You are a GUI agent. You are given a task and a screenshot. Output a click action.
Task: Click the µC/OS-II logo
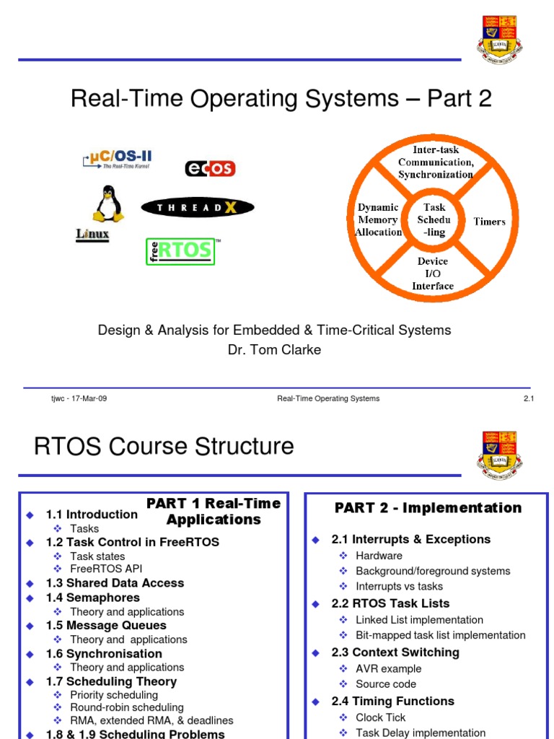coord(117,159)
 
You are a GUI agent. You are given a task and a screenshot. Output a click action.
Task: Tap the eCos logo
coord(210,168)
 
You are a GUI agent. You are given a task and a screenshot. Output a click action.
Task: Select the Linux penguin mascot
coord(107,204)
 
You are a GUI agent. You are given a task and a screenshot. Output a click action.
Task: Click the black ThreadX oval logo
coord(197,208)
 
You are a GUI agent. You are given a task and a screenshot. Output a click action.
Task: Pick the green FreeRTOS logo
coord(181,251)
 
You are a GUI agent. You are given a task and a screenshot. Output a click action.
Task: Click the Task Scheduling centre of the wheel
coord(434,220)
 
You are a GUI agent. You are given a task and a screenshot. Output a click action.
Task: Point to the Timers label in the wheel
coord(489,222)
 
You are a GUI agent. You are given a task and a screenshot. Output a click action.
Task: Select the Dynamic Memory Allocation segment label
coord(378,220)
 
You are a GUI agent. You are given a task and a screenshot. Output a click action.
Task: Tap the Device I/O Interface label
coord(433,274)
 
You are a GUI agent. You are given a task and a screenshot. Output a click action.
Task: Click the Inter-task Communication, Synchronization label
coord(435,162)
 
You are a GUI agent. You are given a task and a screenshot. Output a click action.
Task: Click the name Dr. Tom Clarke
coord(274,350)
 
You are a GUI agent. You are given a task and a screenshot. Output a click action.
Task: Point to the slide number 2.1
coord(527,398)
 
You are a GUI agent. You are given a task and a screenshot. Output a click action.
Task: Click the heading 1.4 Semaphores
coord(92,598)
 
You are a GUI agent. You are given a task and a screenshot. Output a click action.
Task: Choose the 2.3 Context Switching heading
coord(395,652)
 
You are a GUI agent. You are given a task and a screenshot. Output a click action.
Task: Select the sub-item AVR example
coord(388,668)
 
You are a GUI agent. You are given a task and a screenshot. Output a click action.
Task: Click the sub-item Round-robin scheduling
coord(126,708)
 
